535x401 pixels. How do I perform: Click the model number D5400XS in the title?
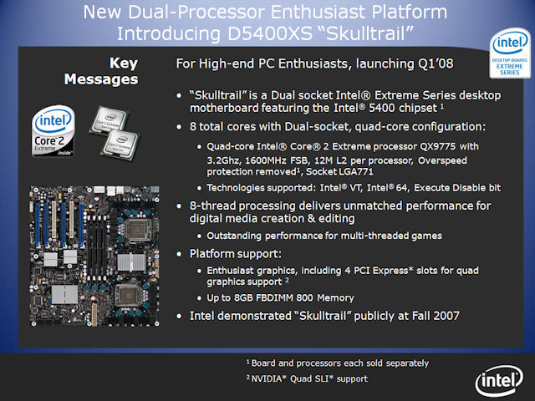pos(270,33)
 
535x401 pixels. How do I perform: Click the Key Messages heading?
pos(101,71)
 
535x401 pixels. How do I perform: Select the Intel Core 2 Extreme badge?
pos(53,131)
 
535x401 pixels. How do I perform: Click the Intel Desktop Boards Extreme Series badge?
pos(510,53)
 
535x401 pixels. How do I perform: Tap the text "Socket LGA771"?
pos(339,171)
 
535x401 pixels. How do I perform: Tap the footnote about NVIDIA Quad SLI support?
pos(307,378)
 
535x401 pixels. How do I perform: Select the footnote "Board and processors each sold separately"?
pos(338,363)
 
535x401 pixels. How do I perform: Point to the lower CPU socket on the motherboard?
pos(128,295)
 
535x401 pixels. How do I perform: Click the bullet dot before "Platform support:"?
pos(179,254)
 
